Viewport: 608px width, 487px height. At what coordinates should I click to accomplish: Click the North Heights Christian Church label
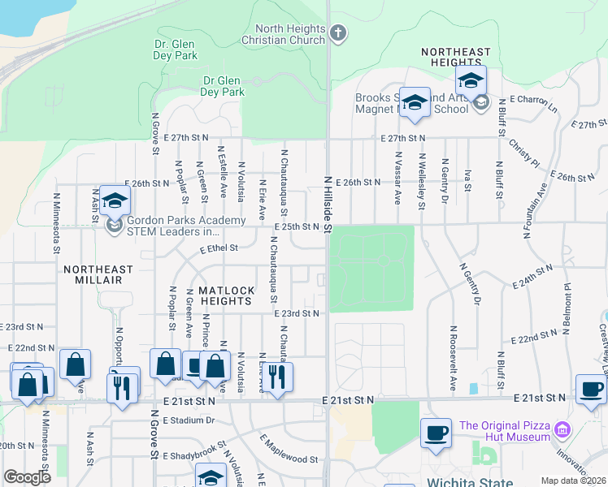[285, 34]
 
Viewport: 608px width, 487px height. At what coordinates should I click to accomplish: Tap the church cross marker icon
[338, 33]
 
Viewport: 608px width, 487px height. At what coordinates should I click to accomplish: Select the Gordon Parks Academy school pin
[115, 200]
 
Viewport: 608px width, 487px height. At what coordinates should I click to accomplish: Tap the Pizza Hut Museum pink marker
[562, 428]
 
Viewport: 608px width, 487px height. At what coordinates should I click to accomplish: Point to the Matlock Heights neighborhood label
[227, 295]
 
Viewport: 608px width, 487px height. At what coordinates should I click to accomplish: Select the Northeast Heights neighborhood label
[456, 57]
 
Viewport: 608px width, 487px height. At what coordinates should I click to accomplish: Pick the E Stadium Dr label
[188, 420]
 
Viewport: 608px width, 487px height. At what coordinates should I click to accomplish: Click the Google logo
[27, 476]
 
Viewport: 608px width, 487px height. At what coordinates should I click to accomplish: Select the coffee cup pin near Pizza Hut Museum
[436, 433]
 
